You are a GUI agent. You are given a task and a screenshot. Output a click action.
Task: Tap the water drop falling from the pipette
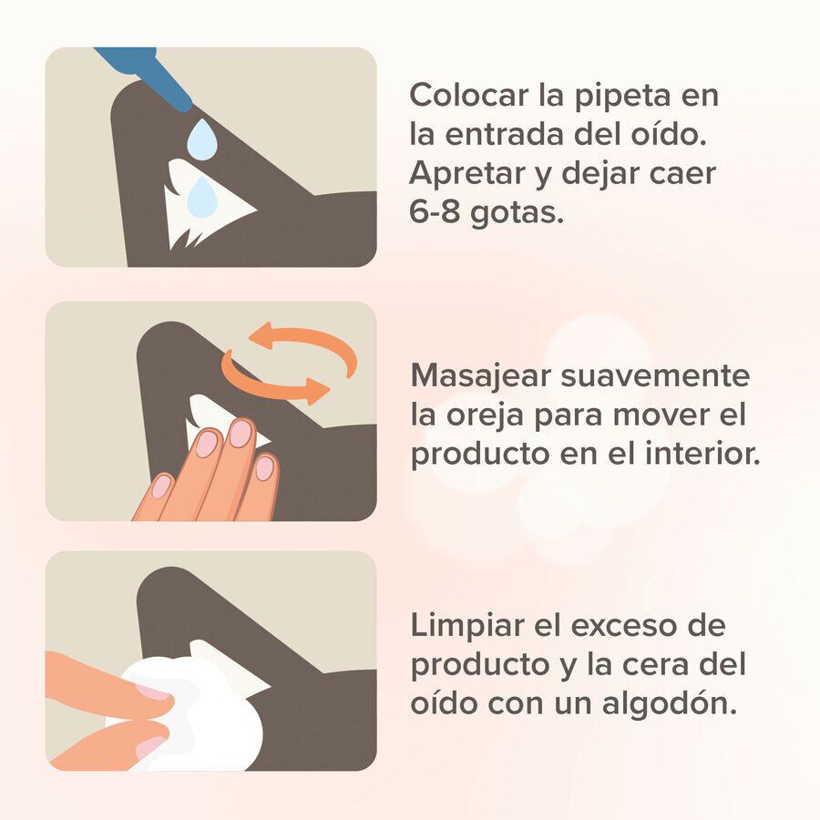coord(201,140)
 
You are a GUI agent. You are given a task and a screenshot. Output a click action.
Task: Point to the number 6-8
coord(439,210)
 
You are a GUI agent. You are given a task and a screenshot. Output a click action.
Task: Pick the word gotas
coord(524,211)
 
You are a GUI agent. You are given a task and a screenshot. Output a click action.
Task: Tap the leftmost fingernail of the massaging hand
coord(161,487)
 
